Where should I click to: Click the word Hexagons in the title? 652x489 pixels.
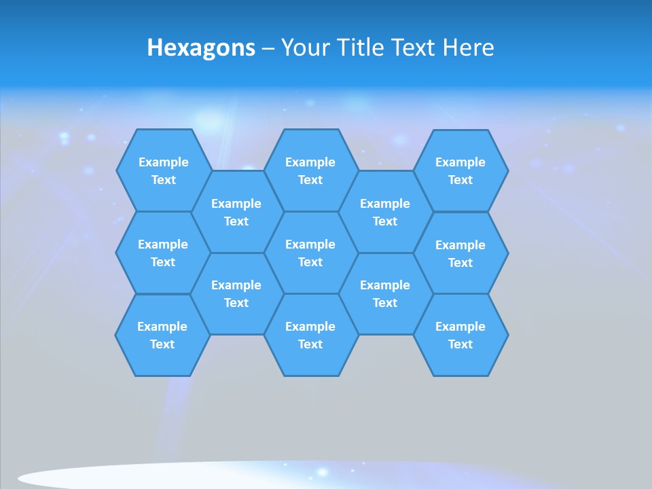pos(201,48)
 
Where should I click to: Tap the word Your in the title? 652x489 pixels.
pos(304,48)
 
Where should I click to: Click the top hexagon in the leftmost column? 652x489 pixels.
pos(163,170)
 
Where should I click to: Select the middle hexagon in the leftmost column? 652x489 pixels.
pos(163,253)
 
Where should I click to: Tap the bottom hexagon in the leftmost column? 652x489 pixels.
pos(162,335)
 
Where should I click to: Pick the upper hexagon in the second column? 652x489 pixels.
pos(236,212)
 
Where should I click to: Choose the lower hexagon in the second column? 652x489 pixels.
pos(236,293)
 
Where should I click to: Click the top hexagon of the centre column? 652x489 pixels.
pos(310,170)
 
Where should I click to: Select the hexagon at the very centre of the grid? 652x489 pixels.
pos(310,253)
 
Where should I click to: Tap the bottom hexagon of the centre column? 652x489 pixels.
pos(310,335)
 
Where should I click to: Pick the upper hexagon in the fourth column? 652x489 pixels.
pos(385,212)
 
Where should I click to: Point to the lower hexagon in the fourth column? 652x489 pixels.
pos(385,293)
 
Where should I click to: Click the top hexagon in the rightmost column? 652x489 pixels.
pos(460,170)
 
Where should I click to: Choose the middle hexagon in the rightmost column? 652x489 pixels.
pos(460,253)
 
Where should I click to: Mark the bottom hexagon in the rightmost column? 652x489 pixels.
pos(460,335)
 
